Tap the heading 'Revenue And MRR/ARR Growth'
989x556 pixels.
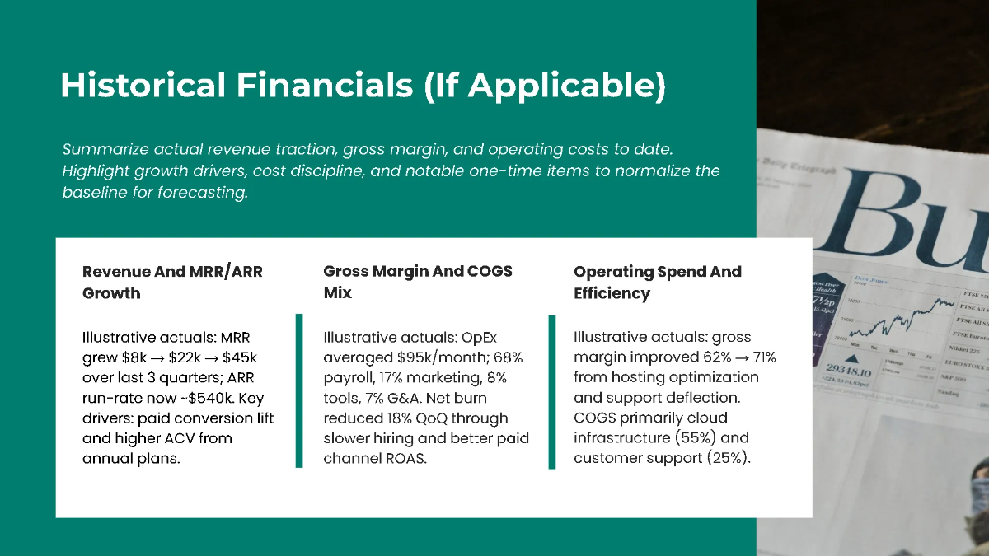pos(172,282)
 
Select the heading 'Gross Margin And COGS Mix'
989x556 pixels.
pos(417,282)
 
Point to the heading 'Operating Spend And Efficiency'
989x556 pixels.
pos(657,282)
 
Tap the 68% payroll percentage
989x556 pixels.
pos(508,357)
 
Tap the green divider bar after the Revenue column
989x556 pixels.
pos(299,390)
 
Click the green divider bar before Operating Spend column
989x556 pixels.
pos(551,390)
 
